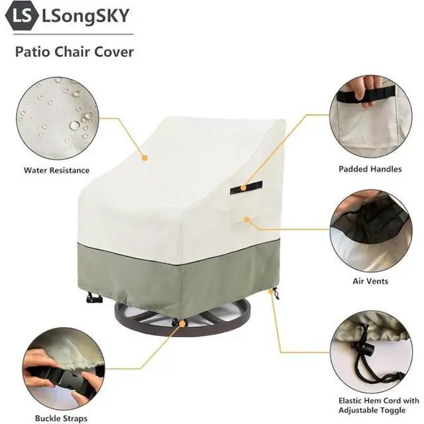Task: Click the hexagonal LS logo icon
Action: coord(22,16)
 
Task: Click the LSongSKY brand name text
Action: coord(85,16)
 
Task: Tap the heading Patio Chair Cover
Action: coord(74,52)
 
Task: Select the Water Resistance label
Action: coord(56,170)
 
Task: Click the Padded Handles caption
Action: coord(370,170)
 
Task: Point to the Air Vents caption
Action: coord(370,281)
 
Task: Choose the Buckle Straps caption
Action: coord(61,418)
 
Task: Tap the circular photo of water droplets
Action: coord(58,119)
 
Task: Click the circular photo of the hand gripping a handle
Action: coord(371,117)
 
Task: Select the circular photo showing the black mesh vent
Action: coord(371,231)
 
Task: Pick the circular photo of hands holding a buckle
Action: coord(64,369)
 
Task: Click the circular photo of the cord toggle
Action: coord(371,352)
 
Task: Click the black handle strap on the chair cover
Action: coord(246,187)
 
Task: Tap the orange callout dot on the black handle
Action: coord(243,187)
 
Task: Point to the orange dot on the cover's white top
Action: coord(144,158)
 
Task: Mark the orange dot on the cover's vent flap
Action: coord(246,219)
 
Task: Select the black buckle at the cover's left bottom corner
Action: coord(94,297)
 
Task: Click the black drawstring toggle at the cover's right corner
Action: coord(275,293)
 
